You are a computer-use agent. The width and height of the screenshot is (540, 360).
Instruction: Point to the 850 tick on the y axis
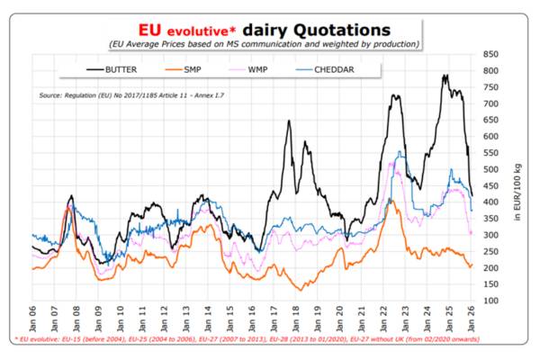coord(490,55)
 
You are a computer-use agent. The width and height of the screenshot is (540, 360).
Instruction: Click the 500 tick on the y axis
coord(490,169)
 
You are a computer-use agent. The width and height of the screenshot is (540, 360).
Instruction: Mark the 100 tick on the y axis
coord(490,301)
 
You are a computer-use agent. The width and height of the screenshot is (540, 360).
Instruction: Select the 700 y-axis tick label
coord(490,103)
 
